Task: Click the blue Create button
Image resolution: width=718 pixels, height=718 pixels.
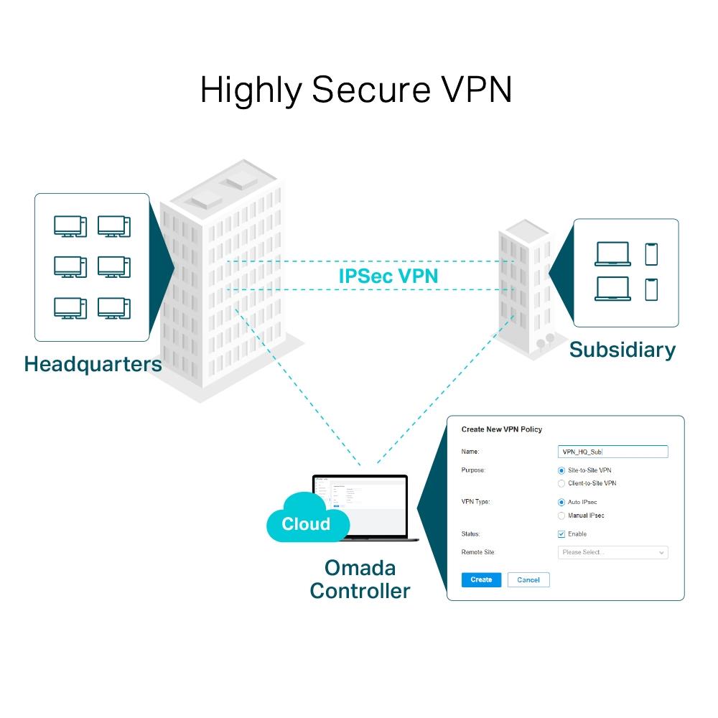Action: [x=481, y=579]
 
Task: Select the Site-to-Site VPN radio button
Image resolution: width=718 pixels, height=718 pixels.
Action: [x=561, y=470]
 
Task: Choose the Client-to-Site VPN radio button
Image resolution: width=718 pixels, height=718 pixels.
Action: [x=561, y=484]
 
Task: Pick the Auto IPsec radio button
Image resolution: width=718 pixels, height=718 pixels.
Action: [x=561, y=503]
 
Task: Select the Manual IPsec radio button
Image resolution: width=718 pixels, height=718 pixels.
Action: [x=561, y=516]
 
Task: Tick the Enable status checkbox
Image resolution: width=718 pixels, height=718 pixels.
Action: [x=561, y=534]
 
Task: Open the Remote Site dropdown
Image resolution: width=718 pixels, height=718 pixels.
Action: [x=612, y=553]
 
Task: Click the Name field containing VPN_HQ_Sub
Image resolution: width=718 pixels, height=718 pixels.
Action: [x=612, y=452]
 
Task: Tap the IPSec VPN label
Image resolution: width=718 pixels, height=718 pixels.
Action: [x=388, y=276]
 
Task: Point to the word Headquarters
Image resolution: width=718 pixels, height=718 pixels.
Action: [x=93, y=364]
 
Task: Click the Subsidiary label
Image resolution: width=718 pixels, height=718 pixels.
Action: [x=622, y=350]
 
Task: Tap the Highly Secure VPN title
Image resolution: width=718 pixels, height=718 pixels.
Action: [x=356, y=90]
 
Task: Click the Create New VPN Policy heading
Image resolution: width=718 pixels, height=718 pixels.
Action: [x=501, y=429]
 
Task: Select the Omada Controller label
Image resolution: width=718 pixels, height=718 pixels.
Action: [x=360, y=579]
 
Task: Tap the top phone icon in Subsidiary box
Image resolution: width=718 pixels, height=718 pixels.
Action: [x=651, y=254]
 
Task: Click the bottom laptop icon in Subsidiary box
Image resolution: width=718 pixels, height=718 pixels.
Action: [x=612, y=289]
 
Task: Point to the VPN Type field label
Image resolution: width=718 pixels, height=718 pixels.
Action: [x=475, y=502]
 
